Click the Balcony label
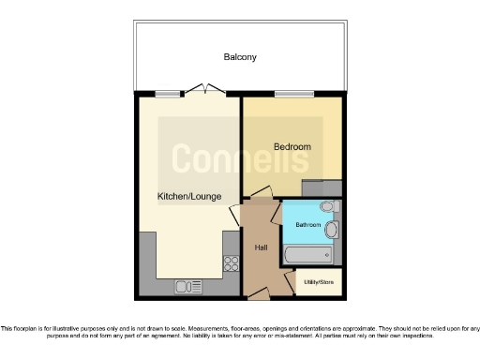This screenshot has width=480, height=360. click(240, 57)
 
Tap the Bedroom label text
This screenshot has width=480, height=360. click(292, 146)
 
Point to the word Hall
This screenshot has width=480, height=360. click(262, 247)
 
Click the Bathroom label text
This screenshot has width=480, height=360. click(308, 226)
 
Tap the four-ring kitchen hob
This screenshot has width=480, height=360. click(229, 265)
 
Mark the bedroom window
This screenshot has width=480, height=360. click(287, 94)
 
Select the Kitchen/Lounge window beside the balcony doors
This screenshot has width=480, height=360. click(167, 93)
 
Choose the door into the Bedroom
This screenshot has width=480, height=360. click(258, 193)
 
